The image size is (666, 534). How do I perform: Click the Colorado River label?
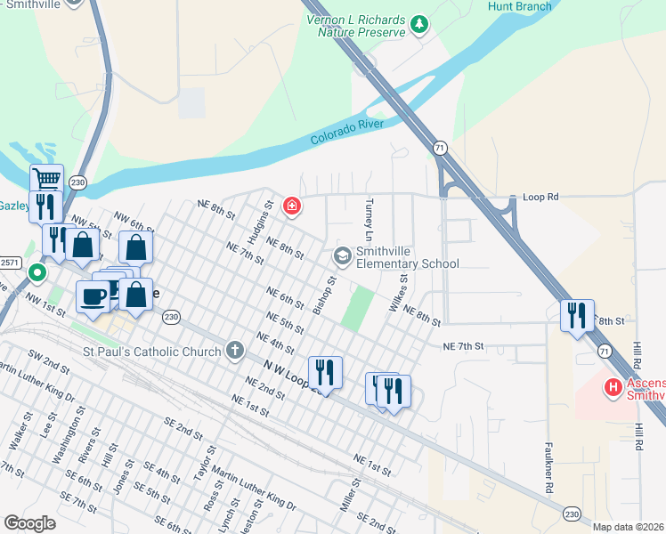[347, 132]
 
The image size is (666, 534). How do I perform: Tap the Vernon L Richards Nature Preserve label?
[355, 26]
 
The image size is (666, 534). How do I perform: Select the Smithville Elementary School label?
[407, 257]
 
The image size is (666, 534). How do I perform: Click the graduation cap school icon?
[342, 256]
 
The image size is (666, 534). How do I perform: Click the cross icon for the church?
[235, 350]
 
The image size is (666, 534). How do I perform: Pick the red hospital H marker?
[613, 387]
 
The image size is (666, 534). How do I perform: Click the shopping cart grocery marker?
[46, 179]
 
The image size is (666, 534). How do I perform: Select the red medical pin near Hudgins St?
[291, 207]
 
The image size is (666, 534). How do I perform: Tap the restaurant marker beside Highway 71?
[577, 315]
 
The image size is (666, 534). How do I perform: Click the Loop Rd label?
[540, 196]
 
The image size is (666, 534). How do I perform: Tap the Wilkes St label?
[398, 293]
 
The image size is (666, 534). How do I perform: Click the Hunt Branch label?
[520, 7]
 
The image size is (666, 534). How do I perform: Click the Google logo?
[31, 523]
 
